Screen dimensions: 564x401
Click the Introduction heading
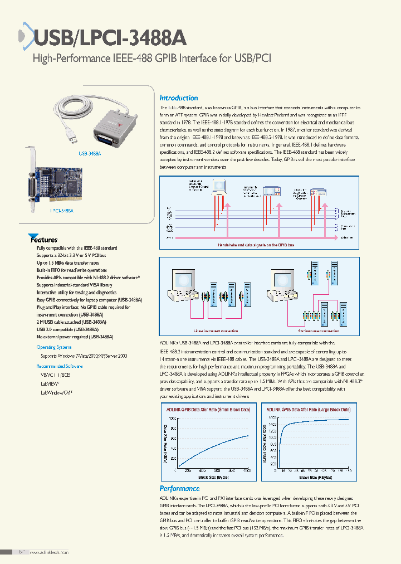click(x=179, y=98)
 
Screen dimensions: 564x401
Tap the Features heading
click(x=45, y=240)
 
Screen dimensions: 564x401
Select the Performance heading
click(x=179, y=488)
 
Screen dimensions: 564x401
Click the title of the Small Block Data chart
click(x=209, y=409)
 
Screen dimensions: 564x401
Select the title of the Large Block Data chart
click(x=310, y=409)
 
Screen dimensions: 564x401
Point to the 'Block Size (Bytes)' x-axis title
click(x=213, y=477)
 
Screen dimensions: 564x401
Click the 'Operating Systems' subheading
click(x=54, y=347)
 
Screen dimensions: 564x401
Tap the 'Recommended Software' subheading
click(x=59, y=366)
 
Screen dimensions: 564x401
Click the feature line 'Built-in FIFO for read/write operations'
click(x=71, y=270)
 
